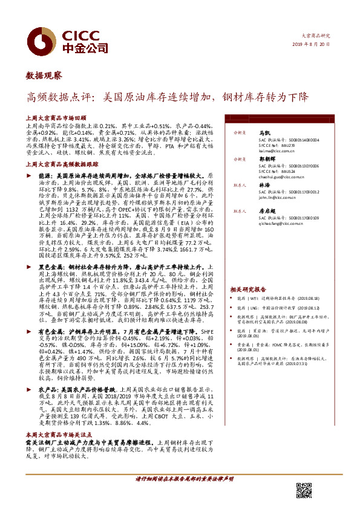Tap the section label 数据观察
click(x=43, y=76)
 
